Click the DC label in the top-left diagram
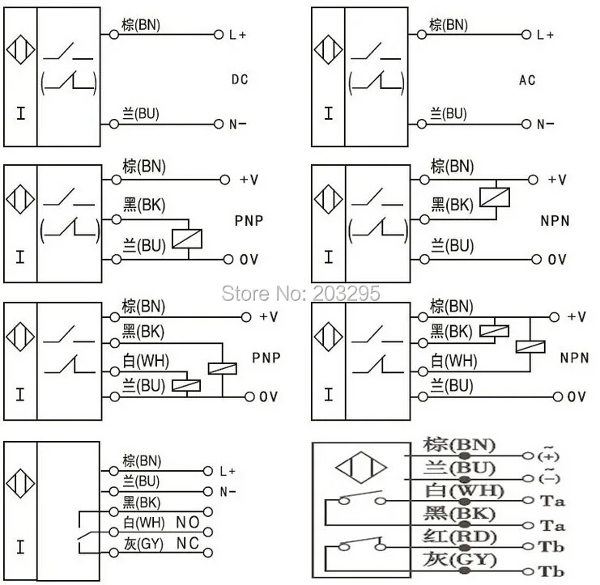pos(240,79)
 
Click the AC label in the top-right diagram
pos(527,80)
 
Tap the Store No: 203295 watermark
pos(300,294)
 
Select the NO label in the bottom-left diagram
pos(188,523)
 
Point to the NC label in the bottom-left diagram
pos(188,543)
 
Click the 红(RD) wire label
pos(460,536)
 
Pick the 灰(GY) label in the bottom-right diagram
pos(460,560)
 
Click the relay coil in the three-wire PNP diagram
pos(187,239)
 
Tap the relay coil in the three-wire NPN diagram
pos(495,197)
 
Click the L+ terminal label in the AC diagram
pos(545,35)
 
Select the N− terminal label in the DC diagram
pos(237,125)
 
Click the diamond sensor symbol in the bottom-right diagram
pos(361,467)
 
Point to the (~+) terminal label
pos(548,455)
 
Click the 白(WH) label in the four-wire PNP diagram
pos(146,361)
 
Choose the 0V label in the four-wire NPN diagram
pos(577,397)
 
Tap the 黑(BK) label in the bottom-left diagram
pos(142,502)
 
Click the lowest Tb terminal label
pos(551,571)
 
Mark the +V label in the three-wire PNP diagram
pos(249,180)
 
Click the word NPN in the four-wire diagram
pos(574,358)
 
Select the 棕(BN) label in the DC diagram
pos(141,25)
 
